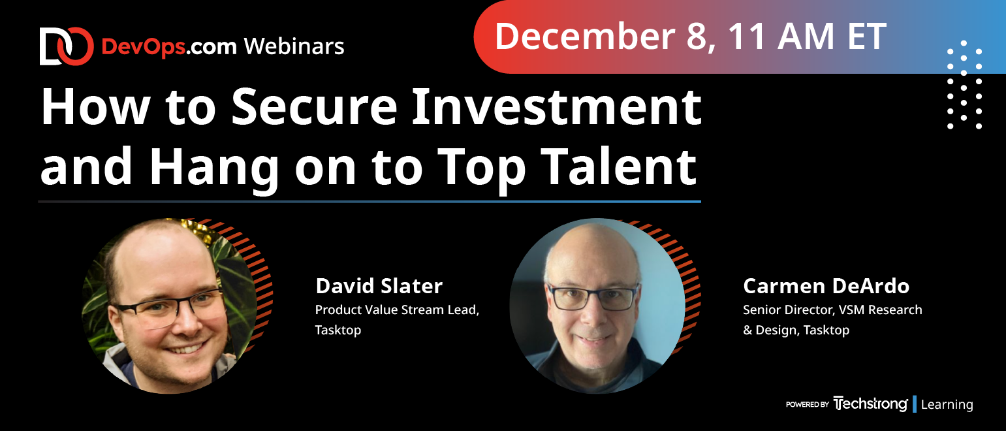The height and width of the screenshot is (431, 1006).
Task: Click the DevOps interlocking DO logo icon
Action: [x=67, y=46]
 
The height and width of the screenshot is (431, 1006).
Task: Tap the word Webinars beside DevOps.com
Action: [x=294, y=46]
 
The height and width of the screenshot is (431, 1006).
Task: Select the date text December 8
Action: [x=605, y=37]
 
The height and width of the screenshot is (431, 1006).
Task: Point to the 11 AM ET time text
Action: [x=807, y=36]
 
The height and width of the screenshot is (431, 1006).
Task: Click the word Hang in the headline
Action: [x=214, y=167]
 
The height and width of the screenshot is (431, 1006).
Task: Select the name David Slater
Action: [x=379, y=286]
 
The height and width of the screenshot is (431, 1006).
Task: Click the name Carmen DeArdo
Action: [x=826, y=286]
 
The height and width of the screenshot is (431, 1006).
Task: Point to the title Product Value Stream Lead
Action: [x=397, y=310]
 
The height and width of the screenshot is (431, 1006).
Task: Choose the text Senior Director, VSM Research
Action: [x=832, y=310]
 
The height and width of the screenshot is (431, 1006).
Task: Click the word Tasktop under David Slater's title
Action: [x=338, y=330]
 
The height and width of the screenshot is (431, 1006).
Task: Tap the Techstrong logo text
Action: [x=870, y=404]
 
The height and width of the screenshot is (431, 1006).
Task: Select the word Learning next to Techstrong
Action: [x=947, y=404]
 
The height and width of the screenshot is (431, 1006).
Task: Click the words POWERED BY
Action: [x=808, y=404]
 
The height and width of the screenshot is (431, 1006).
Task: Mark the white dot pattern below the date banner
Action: [x=964, y=84]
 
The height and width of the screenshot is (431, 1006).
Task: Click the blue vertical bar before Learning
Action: [x=915, y=404]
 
